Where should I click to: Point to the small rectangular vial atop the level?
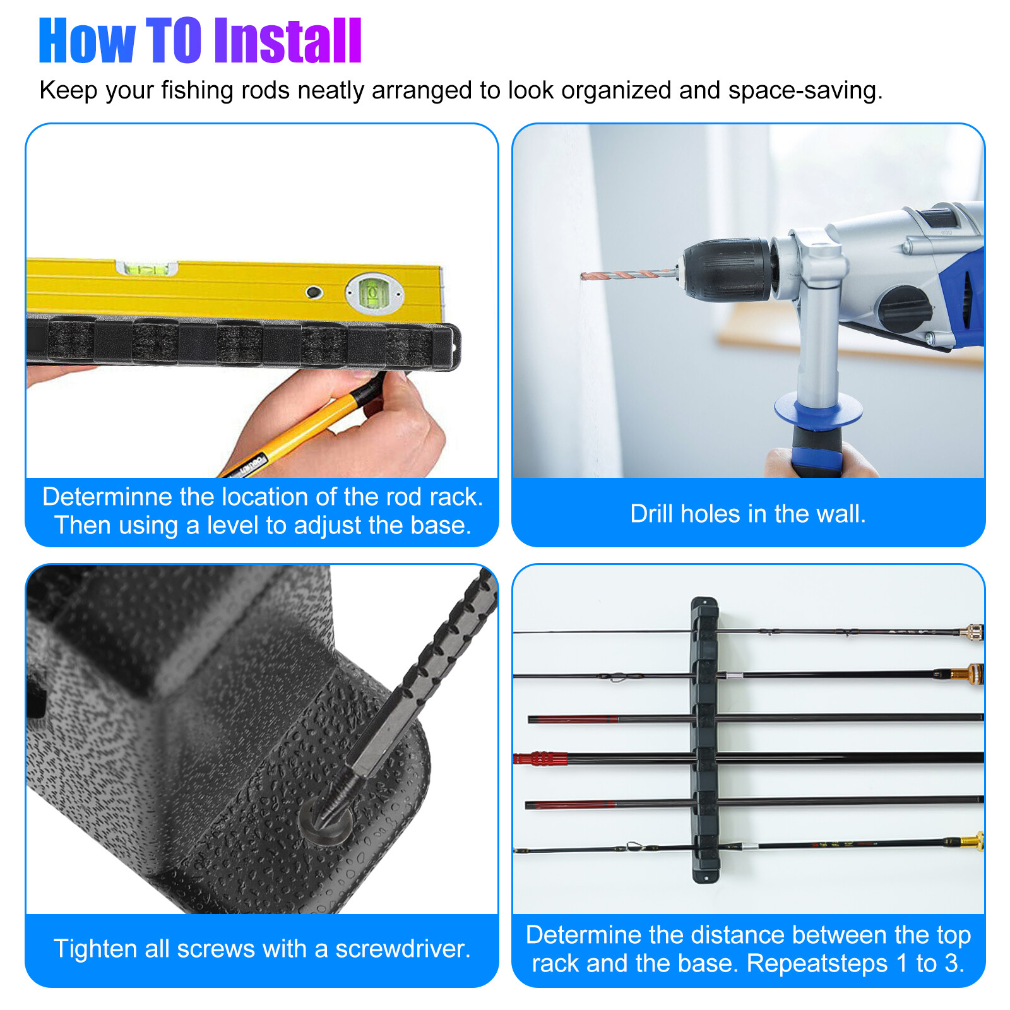[x=146, y=268]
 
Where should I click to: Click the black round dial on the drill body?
[x=903, y=309]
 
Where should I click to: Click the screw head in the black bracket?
[x=326, y=820]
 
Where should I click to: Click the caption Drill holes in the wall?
[x=748, y=514]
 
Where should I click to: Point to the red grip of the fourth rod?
[x=533, y=758]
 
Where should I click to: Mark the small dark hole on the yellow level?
[x=314, y=292]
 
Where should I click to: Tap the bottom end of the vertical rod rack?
[x=706, y=877]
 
